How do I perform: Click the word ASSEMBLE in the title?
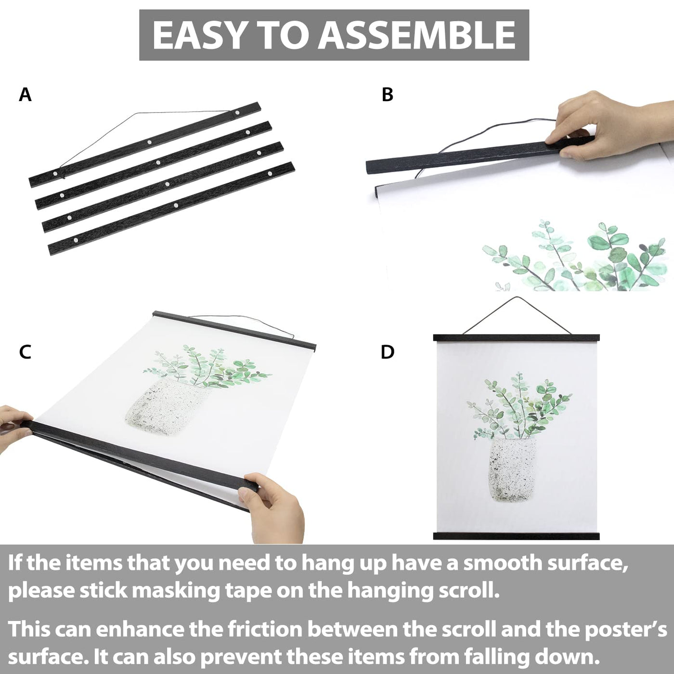[416, 35]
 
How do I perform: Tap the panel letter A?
[25, 95]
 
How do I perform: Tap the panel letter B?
[388, 95]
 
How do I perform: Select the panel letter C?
[25, 352]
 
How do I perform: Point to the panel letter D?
[388, 352]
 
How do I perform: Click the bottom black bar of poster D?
[516, 536]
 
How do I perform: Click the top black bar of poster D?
[516, 337]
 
